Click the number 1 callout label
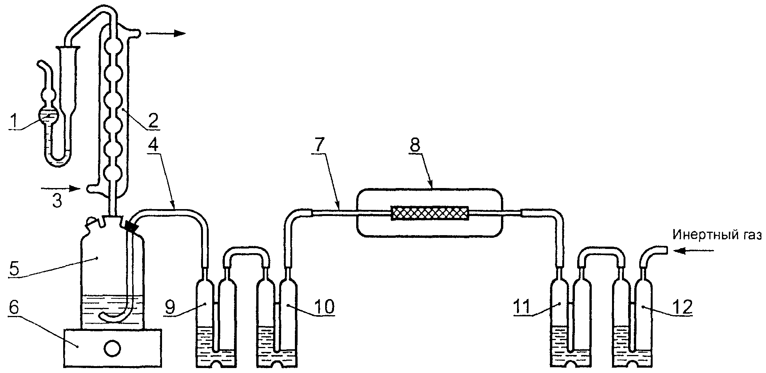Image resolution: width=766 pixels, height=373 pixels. (14, 121)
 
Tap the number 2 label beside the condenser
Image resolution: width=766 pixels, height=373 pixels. (152, 120)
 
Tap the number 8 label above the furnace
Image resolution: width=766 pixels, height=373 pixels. (415, 145)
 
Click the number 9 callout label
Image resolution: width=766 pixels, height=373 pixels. (172, 306)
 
